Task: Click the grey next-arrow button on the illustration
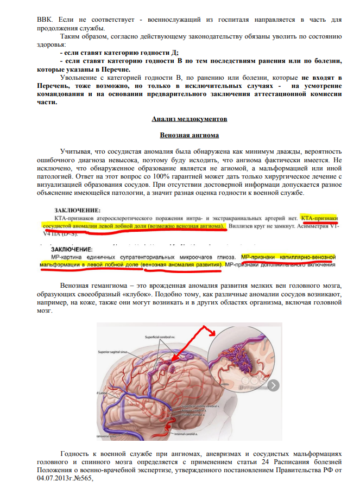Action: coord(274,385)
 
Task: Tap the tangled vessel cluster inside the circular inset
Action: coord(243,358)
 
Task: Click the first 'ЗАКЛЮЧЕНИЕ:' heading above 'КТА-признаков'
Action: coord(79,210)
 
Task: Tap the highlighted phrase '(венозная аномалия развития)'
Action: coord(181,264)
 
